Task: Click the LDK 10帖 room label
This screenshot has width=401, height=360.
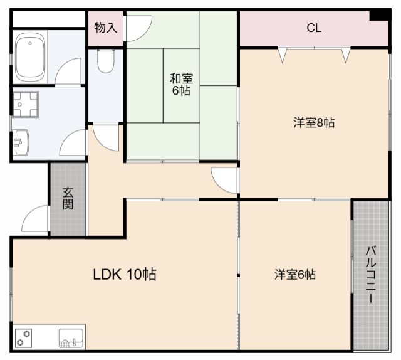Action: point(125,274)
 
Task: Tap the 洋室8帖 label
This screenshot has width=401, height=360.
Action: point(313,122)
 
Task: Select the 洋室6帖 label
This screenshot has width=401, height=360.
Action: point(294,275)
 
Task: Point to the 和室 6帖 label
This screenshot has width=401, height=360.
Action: point(182,85)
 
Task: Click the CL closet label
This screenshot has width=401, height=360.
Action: point(314,28)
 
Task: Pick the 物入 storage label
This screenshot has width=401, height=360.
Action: point(105,28)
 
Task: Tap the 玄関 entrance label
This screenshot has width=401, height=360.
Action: point(68,199)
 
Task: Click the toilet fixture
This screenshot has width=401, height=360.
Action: point(106,61)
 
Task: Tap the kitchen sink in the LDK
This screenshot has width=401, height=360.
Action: point(71,339)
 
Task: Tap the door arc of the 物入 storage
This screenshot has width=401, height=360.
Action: point(139,28)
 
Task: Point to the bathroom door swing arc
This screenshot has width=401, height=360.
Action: point(70,71)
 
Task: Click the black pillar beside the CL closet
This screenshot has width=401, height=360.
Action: point(378,15)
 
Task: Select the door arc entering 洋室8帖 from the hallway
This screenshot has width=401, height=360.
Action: point(224,180)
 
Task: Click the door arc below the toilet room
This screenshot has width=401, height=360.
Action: point(106,137)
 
